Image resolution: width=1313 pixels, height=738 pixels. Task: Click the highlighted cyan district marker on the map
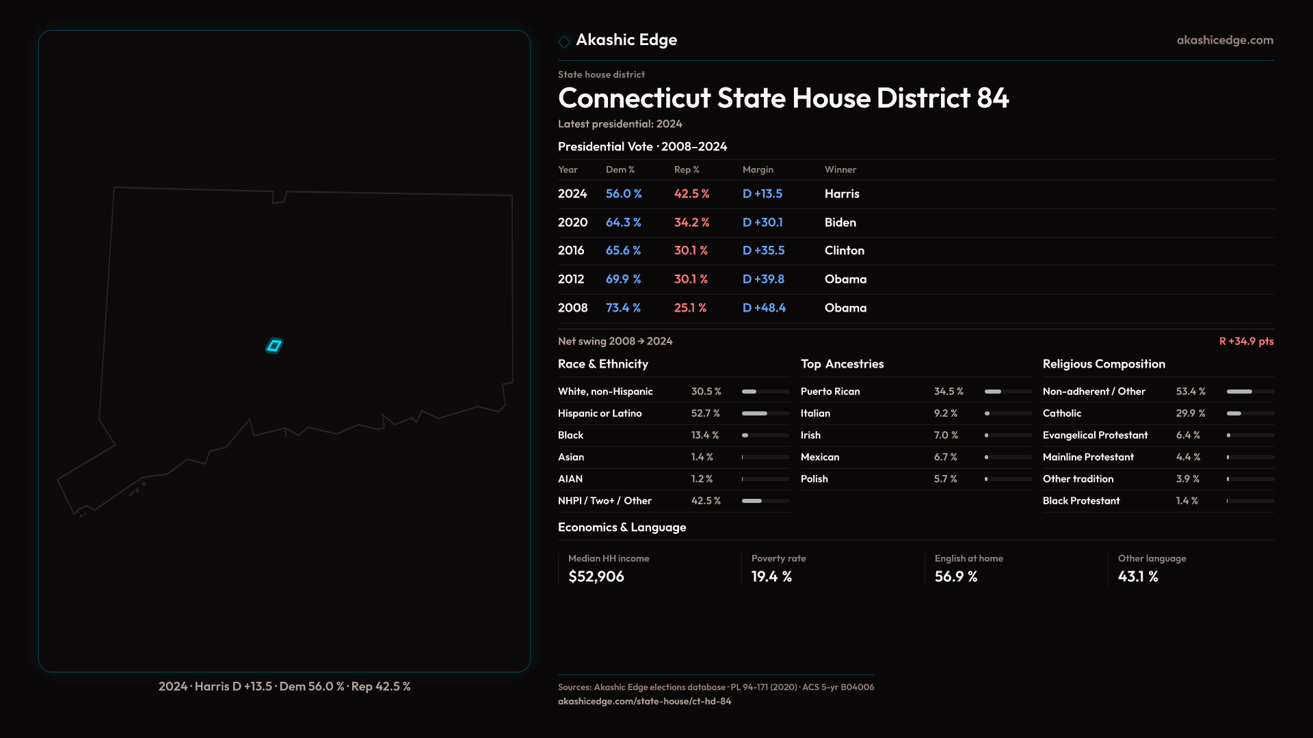274,346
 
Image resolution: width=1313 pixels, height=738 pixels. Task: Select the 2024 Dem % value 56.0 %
623,194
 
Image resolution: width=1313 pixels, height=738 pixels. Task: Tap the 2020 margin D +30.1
762,223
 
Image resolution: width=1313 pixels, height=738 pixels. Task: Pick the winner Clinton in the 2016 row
844,251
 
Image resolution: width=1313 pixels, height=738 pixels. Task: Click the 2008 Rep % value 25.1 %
690,308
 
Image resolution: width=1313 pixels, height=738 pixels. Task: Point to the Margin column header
758,169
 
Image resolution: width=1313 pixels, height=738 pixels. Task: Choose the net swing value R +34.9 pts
1246,341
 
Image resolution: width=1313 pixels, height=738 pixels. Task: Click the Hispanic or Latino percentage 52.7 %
705,413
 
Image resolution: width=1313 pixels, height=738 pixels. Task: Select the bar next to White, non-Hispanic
765,392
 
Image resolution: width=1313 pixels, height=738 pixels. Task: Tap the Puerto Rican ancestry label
830,392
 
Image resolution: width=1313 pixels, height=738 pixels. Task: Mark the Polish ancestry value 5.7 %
945,479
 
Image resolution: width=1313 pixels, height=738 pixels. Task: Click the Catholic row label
1061,413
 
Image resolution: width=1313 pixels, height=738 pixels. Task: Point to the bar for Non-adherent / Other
1249,392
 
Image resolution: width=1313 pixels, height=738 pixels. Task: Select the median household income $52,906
596,577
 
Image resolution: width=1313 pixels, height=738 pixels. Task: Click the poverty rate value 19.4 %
771,577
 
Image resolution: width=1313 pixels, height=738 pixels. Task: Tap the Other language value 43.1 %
1137,577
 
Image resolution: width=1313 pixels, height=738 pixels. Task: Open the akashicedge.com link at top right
1225,40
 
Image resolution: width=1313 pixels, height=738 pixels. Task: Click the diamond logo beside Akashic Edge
564,42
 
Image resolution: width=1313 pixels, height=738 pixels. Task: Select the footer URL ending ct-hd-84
644,701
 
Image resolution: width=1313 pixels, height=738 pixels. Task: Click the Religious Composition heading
1104,364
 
